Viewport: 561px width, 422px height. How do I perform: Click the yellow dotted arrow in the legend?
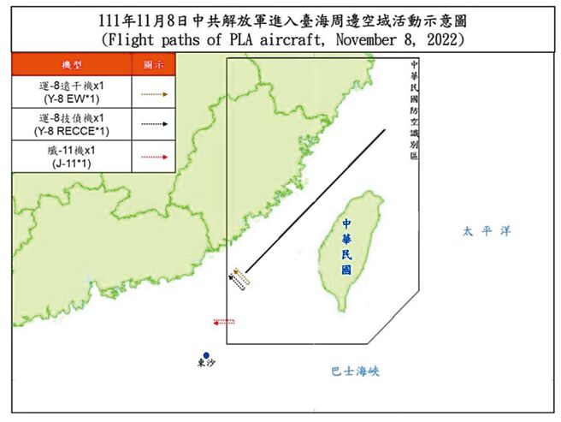[153, 92]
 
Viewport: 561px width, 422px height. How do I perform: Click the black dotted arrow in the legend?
[153, 124]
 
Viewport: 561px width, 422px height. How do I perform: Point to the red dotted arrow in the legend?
[153, 157]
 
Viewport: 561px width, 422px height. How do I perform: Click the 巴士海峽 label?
[355, 371]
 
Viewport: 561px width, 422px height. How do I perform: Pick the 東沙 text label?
[206, 364]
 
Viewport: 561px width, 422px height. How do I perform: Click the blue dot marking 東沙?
[205, 354]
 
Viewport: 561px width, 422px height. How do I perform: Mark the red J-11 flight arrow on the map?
[226, 322]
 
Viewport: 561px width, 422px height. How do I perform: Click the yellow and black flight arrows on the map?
[239, 277]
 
